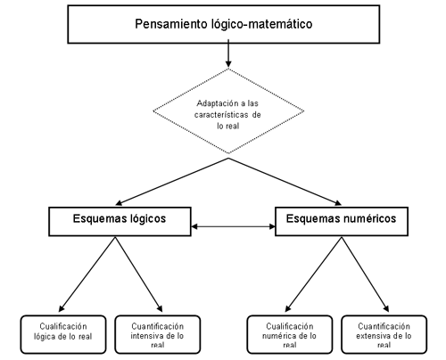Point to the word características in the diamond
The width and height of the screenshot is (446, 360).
tap(221, 115)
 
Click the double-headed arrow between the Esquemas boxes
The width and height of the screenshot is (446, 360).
tap(233, 226)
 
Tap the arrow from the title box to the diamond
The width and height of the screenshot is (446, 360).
tap(228, 53)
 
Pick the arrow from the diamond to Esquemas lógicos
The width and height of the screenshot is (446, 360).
tap(172, 182)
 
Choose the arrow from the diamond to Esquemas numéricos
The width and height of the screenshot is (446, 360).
tap(285, 182)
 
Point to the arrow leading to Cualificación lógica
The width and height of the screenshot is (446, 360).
tap(87, 274)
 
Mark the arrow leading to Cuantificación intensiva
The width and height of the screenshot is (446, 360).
tap(139, 274)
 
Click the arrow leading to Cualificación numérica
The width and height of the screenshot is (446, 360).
tap(313, 274)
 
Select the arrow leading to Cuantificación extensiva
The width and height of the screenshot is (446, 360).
tap(366, 274)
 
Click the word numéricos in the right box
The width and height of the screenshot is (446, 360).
tap(370, 218)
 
